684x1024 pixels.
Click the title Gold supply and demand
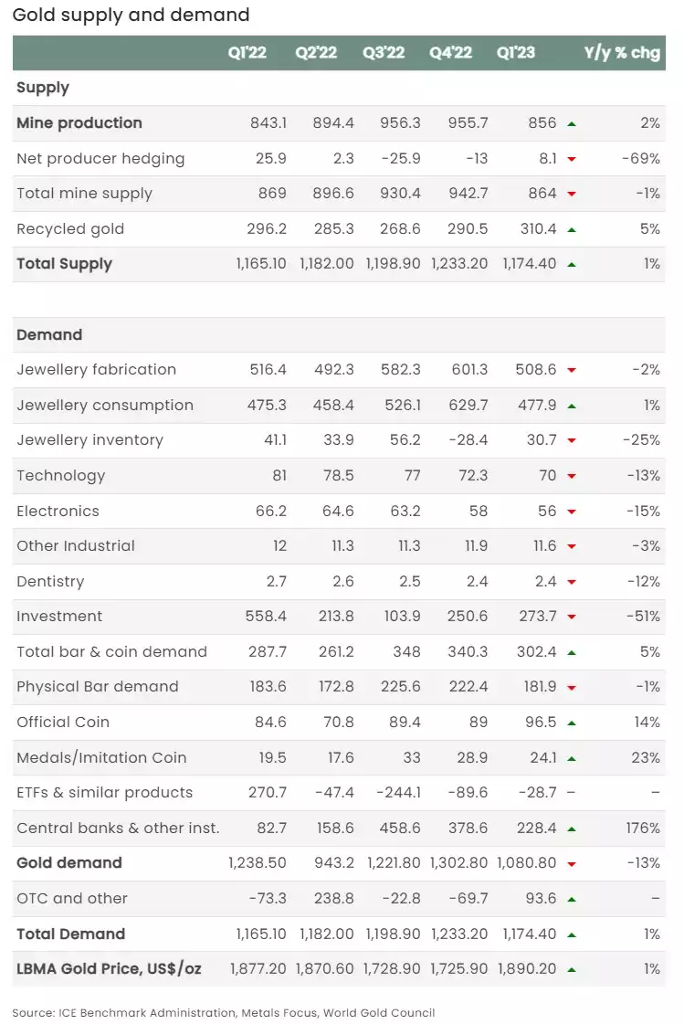click(x=132, y=15)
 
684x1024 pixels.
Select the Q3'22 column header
click(x=384, y=53)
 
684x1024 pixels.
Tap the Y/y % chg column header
click(x=622, y=53)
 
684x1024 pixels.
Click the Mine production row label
click(x=79, y=122)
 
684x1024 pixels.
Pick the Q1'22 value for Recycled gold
click(x=267, y=229)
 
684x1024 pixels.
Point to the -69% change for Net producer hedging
click(x=641, y=159)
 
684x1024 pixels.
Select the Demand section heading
click(x=49, y=335)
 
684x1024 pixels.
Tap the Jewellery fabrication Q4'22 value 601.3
click(x=470, y=370)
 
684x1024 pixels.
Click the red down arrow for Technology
click(x=572, y=476)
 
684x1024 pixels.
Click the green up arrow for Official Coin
click(x=572, y=723)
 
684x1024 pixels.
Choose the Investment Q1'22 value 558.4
click(x=266, y=617)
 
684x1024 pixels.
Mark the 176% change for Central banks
click(x=643, y=829)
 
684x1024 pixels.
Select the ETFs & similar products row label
click(x=104, y=793)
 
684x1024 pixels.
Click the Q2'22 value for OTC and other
click(x=334, y=899)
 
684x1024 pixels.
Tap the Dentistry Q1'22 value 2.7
click(x=276, y=581)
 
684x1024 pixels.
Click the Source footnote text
click(x=223, y=1013)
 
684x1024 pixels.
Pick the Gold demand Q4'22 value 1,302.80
click(x=458, y=863)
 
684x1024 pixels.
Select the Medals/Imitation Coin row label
click(x=101, y=757)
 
